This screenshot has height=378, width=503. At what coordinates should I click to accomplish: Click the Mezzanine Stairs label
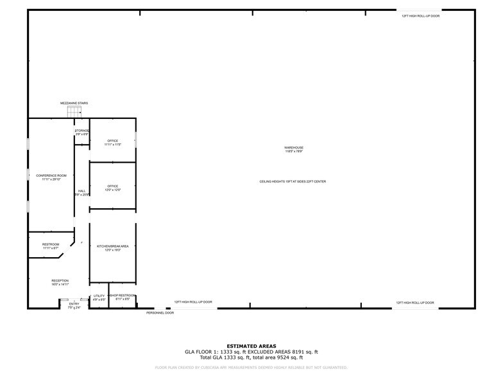click(x=74, y=103)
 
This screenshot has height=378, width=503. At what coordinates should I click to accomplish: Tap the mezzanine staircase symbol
click(x=74, y=113)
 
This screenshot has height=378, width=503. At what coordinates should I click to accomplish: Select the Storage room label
click(x=81, y=130)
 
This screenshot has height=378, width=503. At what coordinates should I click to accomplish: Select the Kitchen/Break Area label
click(x=113, y=246)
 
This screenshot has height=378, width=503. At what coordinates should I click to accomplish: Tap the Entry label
click(x=74, y=304)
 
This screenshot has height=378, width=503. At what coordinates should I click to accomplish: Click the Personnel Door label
click(x=160, y=313)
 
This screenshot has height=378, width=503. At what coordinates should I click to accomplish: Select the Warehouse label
click(x=294, y=148)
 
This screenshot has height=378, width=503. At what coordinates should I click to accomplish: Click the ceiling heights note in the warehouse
click(x=293, y=182)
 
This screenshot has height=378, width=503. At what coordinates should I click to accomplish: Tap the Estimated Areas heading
click(x=251, y=346)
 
